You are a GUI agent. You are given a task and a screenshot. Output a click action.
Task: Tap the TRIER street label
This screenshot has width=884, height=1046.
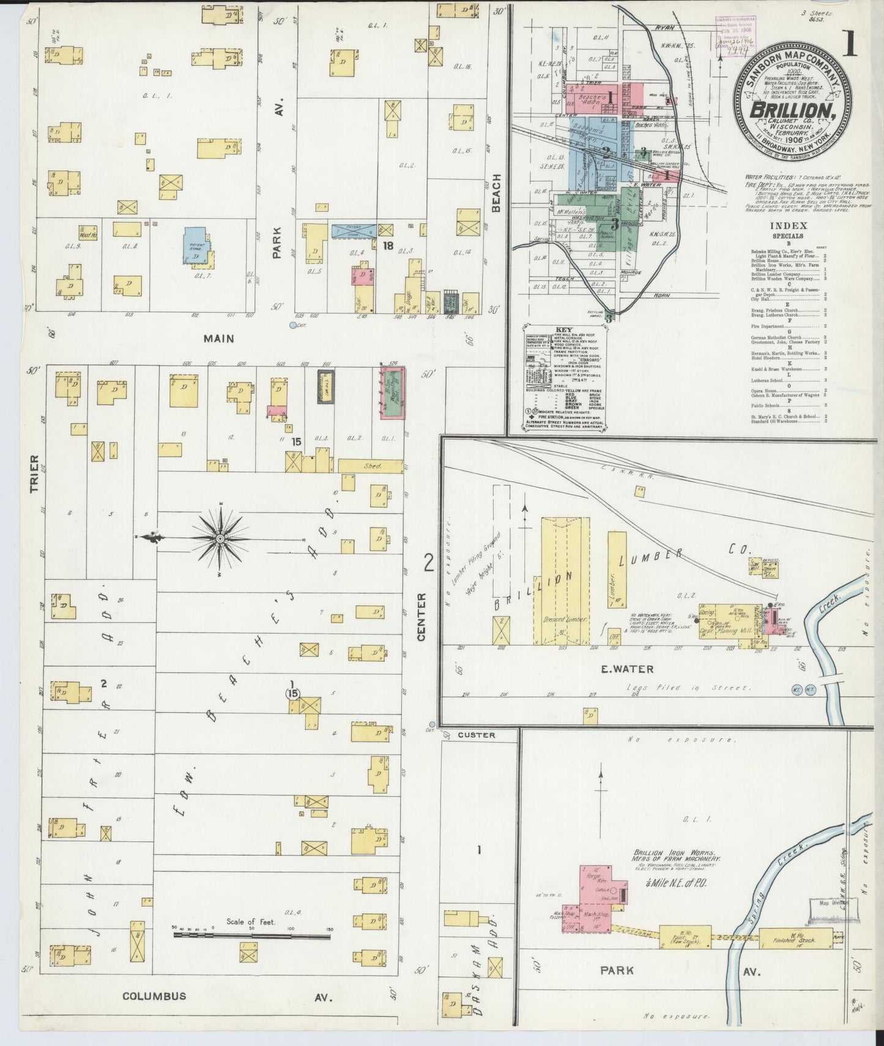pos(34,473)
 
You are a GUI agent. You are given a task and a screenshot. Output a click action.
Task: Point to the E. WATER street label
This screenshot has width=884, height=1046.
pos(627,669)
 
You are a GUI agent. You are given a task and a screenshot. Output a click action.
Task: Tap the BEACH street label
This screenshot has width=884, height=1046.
pos(497,193)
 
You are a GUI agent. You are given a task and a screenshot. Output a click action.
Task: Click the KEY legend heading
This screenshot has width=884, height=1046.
pos(563,330)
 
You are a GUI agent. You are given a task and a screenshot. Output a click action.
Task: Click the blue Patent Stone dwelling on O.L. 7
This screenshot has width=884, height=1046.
pos(198,247)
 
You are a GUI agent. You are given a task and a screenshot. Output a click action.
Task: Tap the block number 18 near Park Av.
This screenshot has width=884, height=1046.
pos(387,246)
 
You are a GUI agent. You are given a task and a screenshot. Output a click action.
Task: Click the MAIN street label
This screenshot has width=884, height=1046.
pos(219,338)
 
